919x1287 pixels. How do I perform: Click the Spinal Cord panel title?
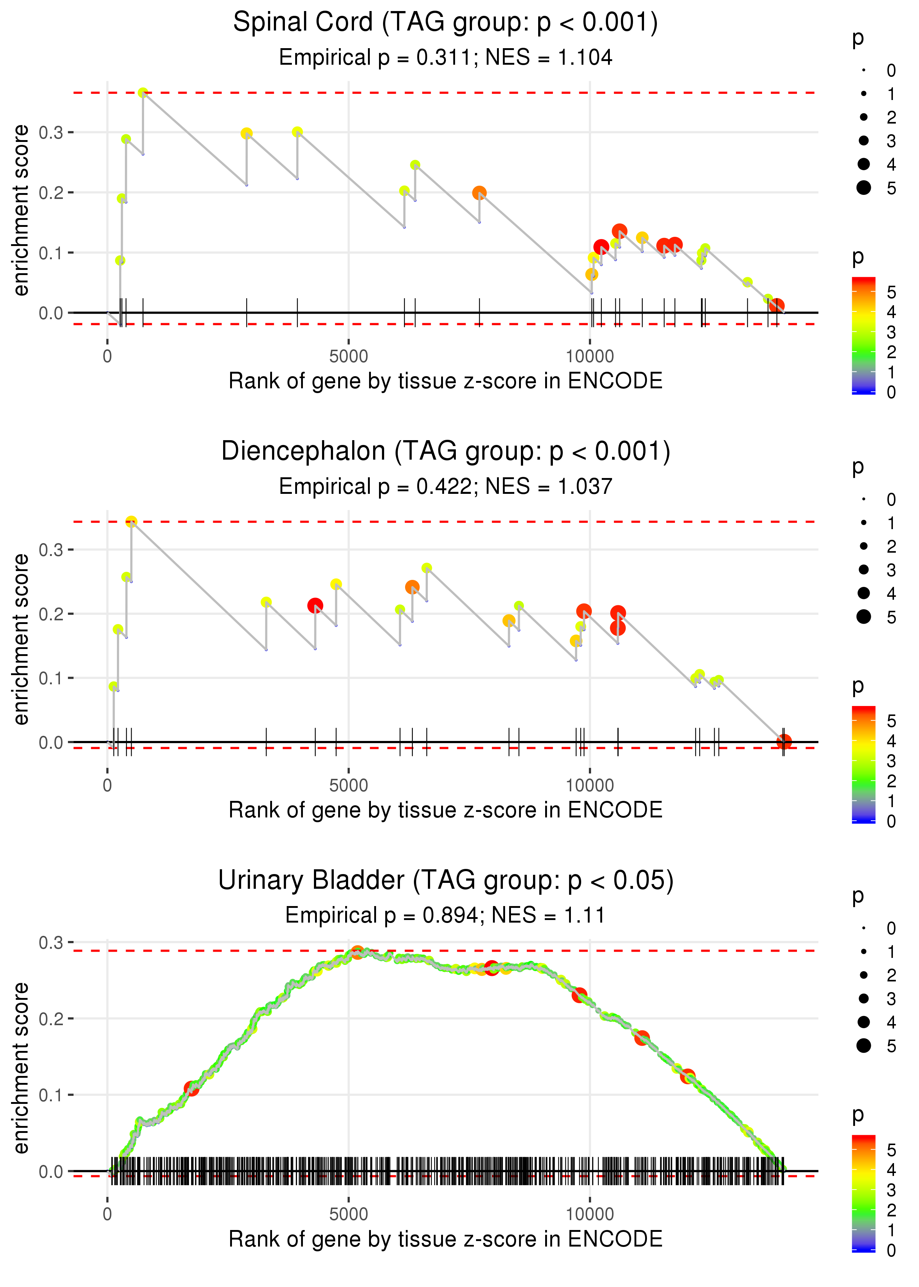tap(446, 23)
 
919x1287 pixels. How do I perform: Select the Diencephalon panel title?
tap(446, 452)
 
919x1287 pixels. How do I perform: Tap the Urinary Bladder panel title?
tap(446, 881)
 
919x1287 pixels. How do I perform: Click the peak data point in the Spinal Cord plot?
tap(143, 93)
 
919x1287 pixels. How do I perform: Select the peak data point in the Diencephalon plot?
tap(131, 522)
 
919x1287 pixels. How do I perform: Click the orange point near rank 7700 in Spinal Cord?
tap(479, 193)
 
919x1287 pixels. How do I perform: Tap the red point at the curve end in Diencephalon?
tap(784, 741)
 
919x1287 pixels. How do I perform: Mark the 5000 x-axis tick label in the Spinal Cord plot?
tap(348, 357)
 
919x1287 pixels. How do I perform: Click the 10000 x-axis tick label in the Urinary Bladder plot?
tap(590, 1215)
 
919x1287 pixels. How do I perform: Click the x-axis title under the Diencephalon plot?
tap(446, 810)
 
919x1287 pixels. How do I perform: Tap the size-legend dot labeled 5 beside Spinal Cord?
tap(863, 188)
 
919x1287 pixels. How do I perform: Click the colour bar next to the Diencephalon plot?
tap(863, 764)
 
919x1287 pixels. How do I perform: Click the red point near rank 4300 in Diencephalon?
tap(315, 606)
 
